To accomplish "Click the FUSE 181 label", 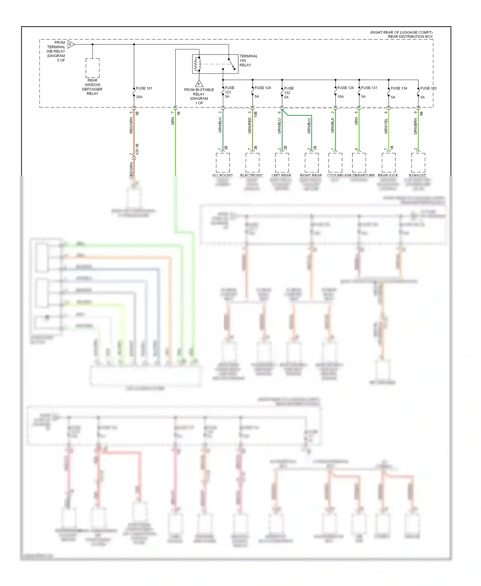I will [x=144, y=88].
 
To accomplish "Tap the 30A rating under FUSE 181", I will [x=139, y=97].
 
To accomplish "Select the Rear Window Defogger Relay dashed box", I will [x=92, y=68].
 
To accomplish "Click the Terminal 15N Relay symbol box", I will [x=215, y=64].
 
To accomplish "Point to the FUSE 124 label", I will [x=263, y=88].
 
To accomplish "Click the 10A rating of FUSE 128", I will [x=341, y=96].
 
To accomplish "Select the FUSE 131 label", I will [x=369, y=88].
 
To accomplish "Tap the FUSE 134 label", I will [x=399, y=88].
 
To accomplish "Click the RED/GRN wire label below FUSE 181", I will [x=131, y=125].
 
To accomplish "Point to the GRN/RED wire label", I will [x=250, y=125].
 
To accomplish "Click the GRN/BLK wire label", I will [x=333, y=125].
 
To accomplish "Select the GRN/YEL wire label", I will [x=386, y=126].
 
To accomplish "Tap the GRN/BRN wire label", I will [x=416, y=126].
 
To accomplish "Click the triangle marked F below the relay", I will [x=199, y=84].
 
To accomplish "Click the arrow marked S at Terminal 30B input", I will [x=71, y=44].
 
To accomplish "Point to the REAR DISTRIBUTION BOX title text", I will [x=410, y=37].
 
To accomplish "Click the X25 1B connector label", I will [x=137, y=149].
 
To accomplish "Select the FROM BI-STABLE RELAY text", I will [x=199, y=92].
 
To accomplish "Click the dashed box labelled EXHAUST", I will [x=418, y=163].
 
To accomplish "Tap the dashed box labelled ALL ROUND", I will [x=223, y=163].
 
